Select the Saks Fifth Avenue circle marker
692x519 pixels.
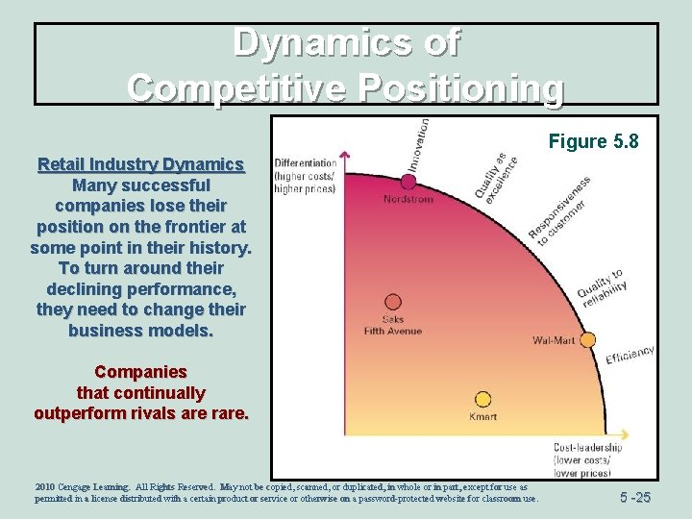click(x=392, y=302)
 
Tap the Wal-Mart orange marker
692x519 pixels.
click(x=587, y=339)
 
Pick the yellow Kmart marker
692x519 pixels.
click(x=482, y=399)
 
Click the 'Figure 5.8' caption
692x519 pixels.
click(x=593, y=142)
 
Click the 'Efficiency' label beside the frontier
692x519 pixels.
click(x=630, y=354)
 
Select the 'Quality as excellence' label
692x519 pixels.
click(x=496, y=176)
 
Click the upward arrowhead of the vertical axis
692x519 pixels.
click(x=345, y=156)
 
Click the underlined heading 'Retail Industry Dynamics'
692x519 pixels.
click(x=140, y=164)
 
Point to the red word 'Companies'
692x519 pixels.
click(x=140, y=371)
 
